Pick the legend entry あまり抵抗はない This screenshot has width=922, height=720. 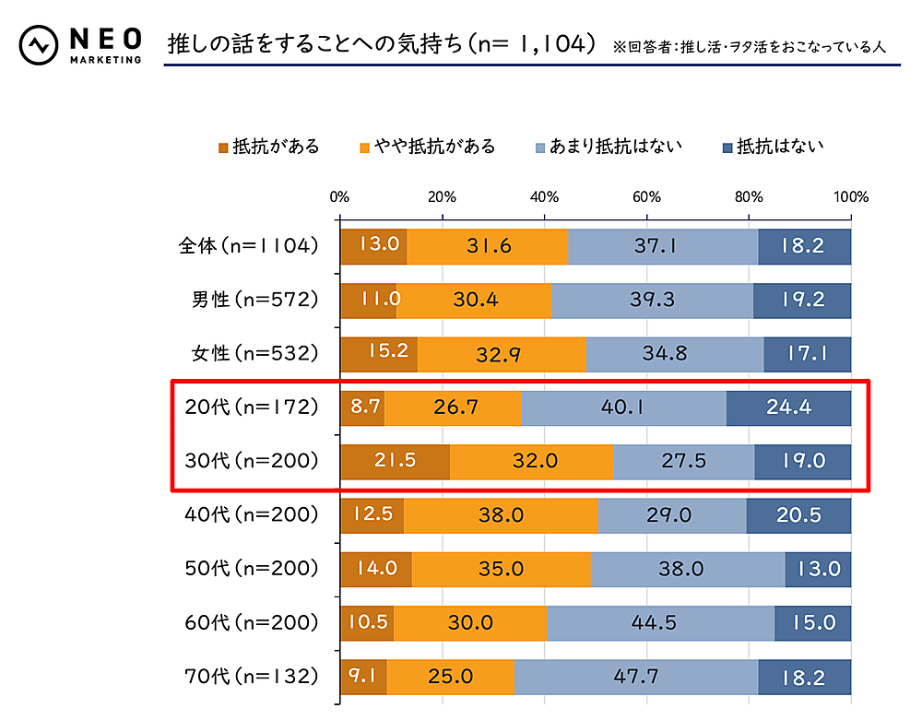coord(614,147)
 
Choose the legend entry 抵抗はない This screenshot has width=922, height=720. coord(779,147)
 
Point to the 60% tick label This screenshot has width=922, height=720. coord(646,196)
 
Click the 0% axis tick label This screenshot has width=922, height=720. coord(339,196)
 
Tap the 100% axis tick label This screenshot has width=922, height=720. coord(850,196)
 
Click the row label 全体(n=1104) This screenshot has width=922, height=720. coord(249,246)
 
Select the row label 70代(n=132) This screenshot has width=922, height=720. coord(249,677)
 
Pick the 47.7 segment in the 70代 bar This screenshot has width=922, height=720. coord(635,677)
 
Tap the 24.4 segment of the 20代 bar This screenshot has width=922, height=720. coord(788,407)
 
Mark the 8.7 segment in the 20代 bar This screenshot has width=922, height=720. coord(361,407)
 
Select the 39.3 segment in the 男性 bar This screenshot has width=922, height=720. coord(653,301)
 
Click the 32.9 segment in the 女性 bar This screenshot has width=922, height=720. coord(502,354)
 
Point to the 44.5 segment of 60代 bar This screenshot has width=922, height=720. coord(660,623)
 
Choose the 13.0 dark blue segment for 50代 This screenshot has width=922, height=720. coord(818,569)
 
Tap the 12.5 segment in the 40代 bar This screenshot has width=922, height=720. coord(372,515)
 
